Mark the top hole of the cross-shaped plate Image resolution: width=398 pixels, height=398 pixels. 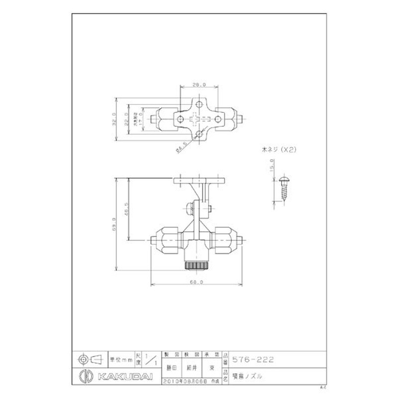198,104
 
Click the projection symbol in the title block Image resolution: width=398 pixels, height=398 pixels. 90,358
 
